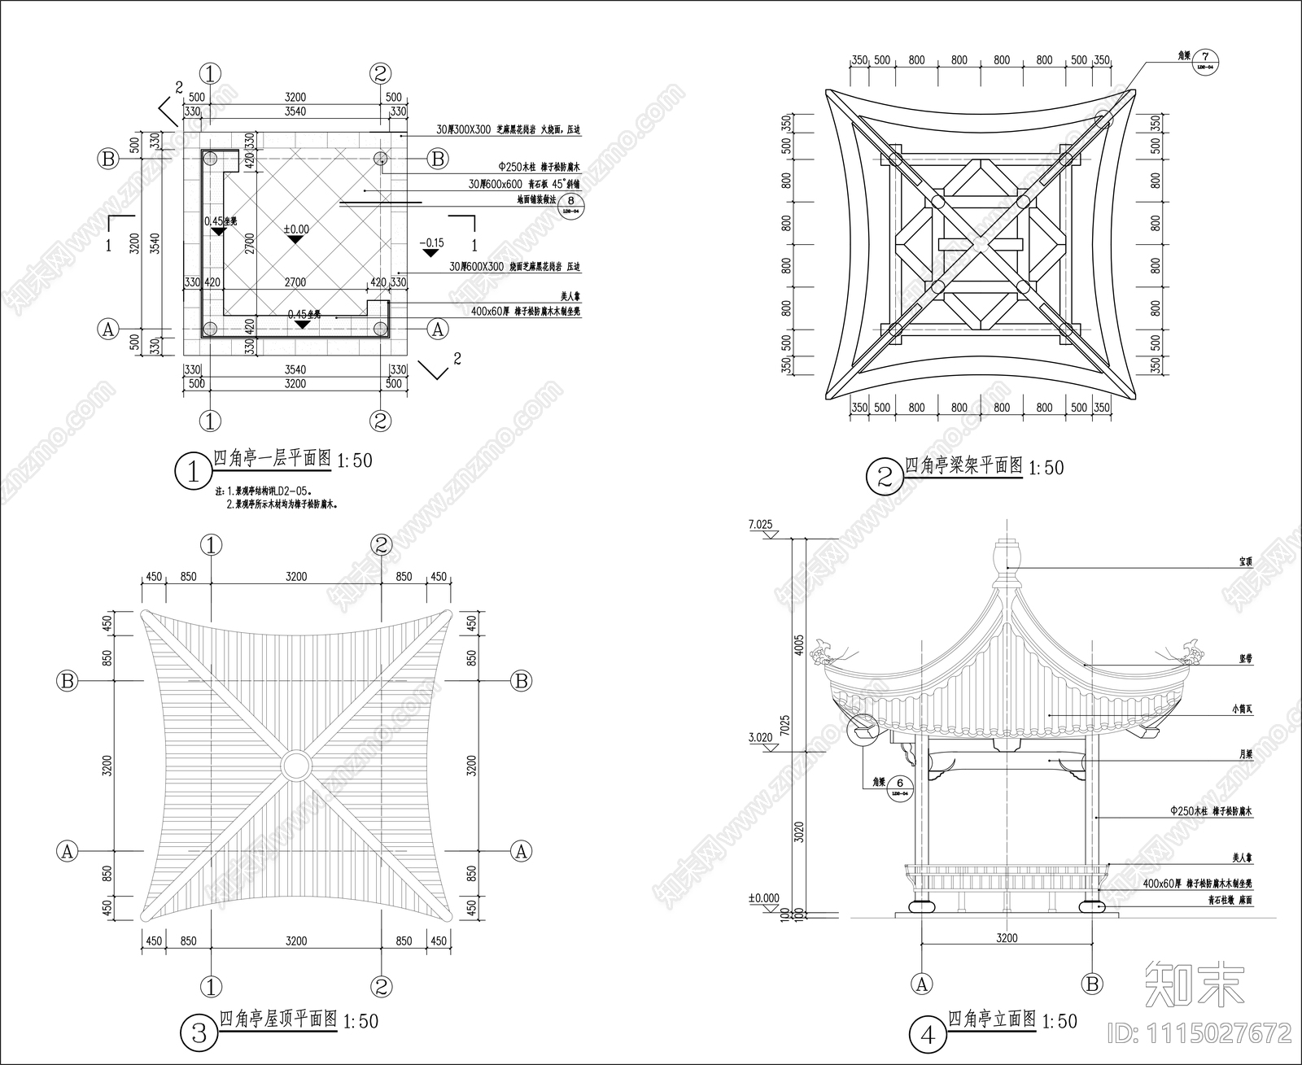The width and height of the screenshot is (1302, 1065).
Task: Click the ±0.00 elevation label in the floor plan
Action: (x=295, y=229)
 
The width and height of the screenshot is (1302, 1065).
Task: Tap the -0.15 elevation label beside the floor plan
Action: (x=431, y=242)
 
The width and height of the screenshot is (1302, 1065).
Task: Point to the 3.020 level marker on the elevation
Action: (x=759, y=738)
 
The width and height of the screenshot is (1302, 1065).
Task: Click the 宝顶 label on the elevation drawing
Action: (x=1245, y=561)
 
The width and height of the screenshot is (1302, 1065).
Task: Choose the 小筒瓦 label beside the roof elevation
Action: (x=1243, y=709)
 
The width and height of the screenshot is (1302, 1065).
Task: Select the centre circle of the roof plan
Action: (x=295, y=766)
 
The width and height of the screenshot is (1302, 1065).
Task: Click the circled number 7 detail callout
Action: (x=1206, y=60)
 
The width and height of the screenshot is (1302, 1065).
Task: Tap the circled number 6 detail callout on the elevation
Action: (x=899, y=785)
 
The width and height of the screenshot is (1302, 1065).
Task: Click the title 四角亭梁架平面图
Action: (x=963, y=465)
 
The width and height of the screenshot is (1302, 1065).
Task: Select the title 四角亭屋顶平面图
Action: (x=277, y=1019)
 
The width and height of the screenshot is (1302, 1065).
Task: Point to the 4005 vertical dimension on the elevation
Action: (x=799, y=645)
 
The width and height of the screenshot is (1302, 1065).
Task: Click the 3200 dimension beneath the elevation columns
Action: (x=1007, y=938)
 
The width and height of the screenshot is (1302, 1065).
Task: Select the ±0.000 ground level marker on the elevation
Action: (x=763, y=899)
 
